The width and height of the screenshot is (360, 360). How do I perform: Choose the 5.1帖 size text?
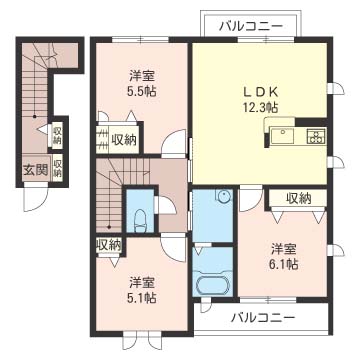pyautogui.click(x=140, y=297)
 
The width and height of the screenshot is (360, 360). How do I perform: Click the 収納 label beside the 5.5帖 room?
pyautogui.click(x=124, y=140)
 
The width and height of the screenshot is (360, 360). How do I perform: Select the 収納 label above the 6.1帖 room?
pyautogui.click(x=298, y=198)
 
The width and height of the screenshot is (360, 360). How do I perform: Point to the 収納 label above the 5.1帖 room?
pyautogui.click(x=109, y=243)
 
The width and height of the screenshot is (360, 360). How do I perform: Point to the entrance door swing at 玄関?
pyautogui.click(x=36, y=199)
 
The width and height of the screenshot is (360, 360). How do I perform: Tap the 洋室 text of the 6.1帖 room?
pyautogui.click(x=281, y=247)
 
